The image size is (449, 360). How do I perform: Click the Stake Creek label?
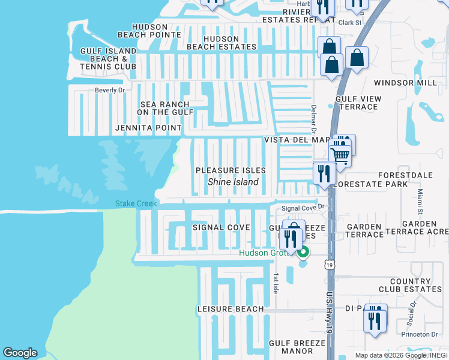coord(136,204)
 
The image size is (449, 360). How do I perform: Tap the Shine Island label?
coord(233,182)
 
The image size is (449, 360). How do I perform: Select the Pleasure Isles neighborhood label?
coord(231,171)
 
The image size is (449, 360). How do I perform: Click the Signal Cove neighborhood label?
coord(221,227)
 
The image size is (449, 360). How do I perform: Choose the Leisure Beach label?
coord(231,309)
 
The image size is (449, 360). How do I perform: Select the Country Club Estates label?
coord(410,285)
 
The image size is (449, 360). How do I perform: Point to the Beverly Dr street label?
coord(109,91)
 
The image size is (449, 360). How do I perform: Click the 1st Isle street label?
coord(275,284)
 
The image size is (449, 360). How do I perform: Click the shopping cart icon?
coord(340,155)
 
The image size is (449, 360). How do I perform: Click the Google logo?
coord(20,353)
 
